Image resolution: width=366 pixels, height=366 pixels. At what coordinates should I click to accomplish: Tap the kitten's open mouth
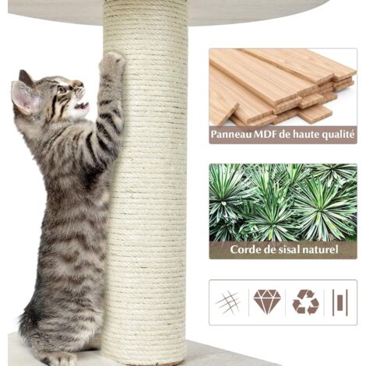[81, 105]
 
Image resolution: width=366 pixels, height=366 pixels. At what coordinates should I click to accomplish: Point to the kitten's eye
[62, 90]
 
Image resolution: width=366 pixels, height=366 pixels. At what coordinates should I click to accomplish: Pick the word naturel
[322, 249]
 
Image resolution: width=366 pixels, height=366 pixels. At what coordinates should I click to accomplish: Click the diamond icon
[267, 301]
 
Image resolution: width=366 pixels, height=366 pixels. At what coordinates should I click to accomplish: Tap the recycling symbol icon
[305, 302]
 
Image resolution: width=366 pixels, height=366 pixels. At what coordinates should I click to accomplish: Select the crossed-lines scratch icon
[228, 302]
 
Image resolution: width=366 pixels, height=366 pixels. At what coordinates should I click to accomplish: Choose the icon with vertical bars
[340, 302]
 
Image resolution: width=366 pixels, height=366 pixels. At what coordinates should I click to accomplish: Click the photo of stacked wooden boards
[283, 87]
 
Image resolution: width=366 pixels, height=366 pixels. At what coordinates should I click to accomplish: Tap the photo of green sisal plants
[283, 202]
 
